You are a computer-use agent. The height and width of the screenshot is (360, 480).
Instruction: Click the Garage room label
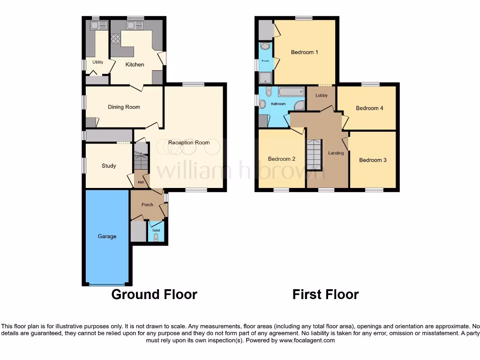click(x=107, y=237)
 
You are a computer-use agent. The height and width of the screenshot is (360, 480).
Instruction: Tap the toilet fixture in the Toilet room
click(x=156, y=237)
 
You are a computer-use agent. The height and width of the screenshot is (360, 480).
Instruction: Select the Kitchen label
click(x=135, y=65)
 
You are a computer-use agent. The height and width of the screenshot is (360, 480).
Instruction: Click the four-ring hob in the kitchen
click(x=115, y=39)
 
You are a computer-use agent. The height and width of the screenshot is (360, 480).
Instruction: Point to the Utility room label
click(x=97, y=62)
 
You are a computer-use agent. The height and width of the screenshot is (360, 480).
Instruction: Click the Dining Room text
click(x=124, y=107)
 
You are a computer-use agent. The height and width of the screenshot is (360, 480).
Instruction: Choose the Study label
click(x=109, y=166)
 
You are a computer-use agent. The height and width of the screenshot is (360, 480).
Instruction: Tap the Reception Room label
click(x=189, y=142)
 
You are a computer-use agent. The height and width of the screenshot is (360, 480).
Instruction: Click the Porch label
click(x=147, y=205)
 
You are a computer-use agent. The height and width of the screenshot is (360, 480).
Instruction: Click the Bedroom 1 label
click(x=304, y=52)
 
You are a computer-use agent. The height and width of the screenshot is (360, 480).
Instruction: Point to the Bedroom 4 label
click(x=369, y=108)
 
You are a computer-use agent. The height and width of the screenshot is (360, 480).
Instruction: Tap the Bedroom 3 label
click(x=373, y=160)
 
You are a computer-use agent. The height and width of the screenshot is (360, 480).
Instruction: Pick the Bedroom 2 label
click(x=281, y=159)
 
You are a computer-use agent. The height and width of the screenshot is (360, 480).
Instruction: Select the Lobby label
click(x=322, y=96)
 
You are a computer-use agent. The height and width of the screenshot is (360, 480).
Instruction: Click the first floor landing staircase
click(x=315, y=155)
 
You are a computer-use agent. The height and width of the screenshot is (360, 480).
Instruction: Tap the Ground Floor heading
click(x=154, y=294)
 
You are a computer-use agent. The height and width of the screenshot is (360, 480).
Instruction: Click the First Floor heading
click(x=325, y=294)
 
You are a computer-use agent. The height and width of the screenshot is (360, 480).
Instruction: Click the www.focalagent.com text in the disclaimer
click(x=307, y=340)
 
